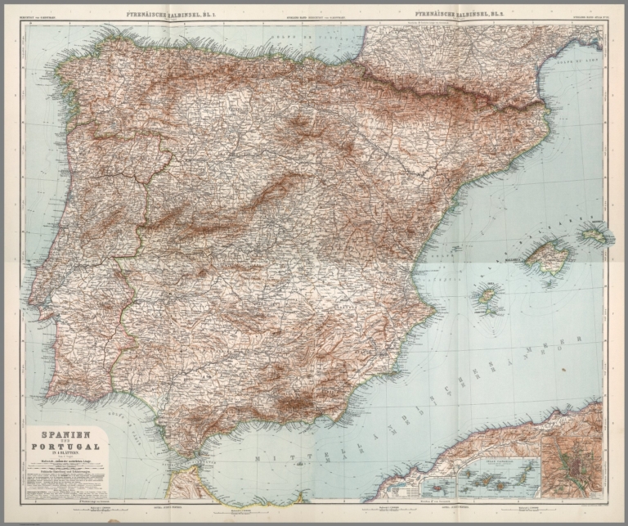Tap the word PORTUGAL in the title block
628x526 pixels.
(x=65, y=447)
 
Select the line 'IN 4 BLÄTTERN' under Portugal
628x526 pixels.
(x=65, y=455)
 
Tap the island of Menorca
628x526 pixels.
(x=595, y=234)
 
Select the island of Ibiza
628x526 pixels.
(x=488, y=295)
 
